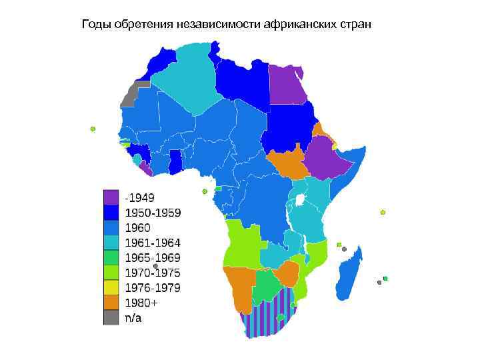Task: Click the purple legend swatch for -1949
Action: click(111, 197)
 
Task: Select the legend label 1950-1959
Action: click(153, 213)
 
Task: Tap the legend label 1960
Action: click(138, 228)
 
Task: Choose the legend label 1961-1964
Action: click(153, 243)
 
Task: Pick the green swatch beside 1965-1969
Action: click(111, 258)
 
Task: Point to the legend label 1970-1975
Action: click(153, 273)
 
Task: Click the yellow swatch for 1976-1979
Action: click(111, 288)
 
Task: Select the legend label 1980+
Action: click(142, 303)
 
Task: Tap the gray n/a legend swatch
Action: click(111, 318)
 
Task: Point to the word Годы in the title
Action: click(95, 25)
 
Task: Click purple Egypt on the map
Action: click(287, 85)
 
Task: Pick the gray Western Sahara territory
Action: click(133, 95)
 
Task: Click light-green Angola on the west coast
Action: click(242, 243)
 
